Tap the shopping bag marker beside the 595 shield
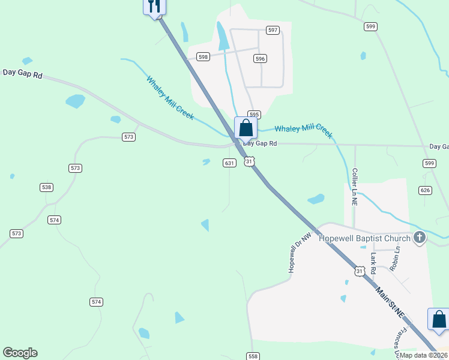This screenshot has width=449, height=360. click(246, 128)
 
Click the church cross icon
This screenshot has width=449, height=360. click(420, 238)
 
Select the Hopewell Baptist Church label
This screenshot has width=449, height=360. click(364, 238)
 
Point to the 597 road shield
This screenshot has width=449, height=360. click(273, 30)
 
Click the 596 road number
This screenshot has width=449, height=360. click(260, 59)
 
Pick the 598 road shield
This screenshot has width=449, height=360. click(203, 57)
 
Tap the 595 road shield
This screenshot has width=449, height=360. click(255, 114)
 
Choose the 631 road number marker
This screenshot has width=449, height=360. click(229, 163)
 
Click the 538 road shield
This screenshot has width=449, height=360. click(47, 187)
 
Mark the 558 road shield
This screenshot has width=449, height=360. click(253, 356)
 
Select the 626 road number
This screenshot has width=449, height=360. click(426, 190)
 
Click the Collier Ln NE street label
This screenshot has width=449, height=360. click(355, 188)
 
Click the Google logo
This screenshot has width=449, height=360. click(20, 353)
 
